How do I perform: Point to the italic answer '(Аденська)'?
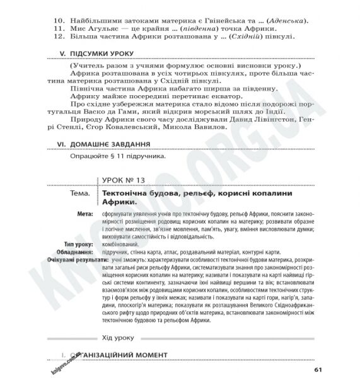pos(285,22)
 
